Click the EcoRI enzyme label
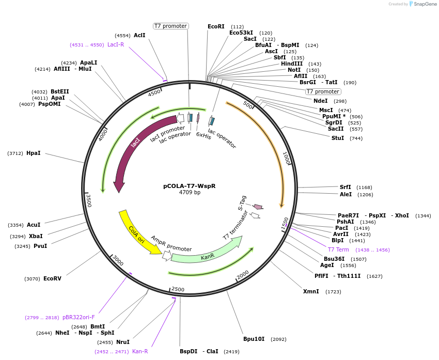tap(216, 26)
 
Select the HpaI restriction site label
tap(33, 153)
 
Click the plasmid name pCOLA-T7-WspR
tap(190, 186)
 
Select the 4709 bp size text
tap(190, 193)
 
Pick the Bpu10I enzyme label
tap(254, 339)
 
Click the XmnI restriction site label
tap(311, 291)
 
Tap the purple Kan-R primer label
tap(140, 351)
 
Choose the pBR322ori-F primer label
tap(79, 317)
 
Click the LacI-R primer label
tap(116, 44)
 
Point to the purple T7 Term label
tap(338, 249)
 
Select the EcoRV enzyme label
tap(52, 278)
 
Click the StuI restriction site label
tap(338, 138)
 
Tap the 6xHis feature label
tap(203, 136)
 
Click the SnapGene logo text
tap(426, 4)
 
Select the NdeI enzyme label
tap(320, 101)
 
